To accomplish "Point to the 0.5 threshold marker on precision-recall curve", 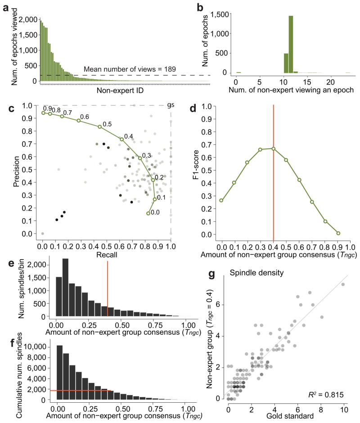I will click(x=100, y=127).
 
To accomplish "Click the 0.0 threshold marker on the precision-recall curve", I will click(x=148, y=213).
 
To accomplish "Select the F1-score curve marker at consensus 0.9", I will click(x=338, y=233).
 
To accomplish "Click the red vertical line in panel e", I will click(x=108, y=288).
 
